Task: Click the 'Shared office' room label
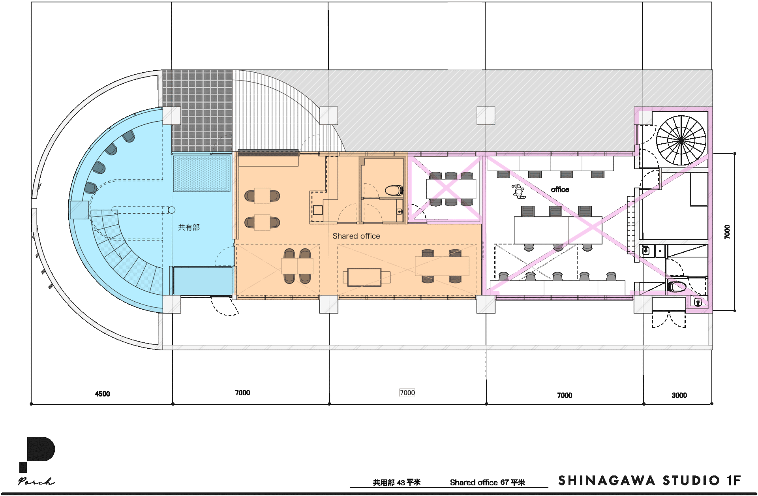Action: [x=356, y=236]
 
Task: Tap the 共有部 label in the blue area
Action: [x=189, y=227]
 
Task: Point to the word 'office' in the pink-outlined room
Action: [x=560, y=190]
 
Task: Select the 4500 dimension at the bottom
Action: [x=103, y=394]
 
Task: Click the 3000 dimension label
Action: [x=679, y=395]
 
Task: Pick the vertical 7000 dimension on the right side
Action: [x=727, y=232]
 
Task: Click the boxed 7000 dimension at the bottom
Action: [x=407, y=393]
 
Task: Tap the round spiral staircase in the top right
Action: [x=681, y=140]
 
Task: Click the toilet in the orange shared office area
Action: [x=394, y=191]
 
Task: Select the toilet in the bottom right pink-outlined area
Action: [x=676, y=286]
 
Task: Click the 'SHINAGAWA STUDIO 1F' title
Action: [x=649, y=481]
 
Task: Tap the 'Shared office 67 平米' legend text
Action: [x=488, y=483]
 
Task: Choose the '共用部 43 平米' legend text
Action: [x=397, y=483]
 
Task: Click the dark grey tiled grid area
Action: [x=197, y=111]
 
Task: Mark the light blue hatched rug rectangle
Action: [x=202, y=174]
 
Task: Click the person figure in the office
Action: [x=518, y=192]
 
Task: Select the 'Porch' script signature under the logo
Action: [x=36, y=481]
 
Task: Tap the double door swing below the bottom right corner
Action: [x=669, y=319]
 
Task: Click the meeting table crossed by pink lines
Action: [x=451, y=189]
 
